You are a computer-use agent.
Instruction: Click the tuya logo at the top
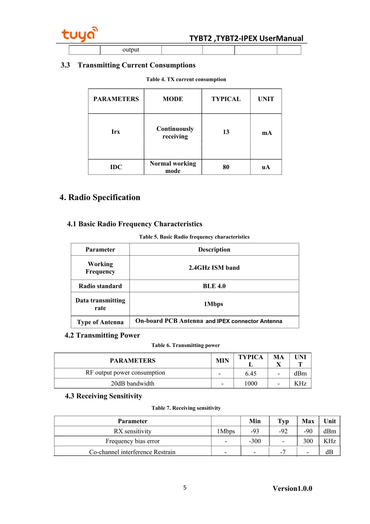pyautogui.click(x=79, y=34)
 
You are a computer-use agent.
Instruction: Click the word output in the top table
pyautogui.click(x=131, y=50)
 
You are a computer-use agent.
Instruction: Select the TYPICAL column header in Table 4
pyautogui.click(x=226, y=99)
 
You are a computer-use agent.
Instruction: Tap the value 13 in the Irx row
pyautogui.click(x=226, y=132)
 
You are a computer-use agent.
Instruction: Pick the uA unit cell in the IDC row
pyautogui.click(x=266, y=167)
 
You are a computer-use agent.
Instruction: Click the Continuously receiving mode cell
pyautogui.click(x=175, y=133)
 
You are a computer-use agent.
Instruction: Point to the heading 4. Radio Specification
pyautogui.click(x=100, y=198)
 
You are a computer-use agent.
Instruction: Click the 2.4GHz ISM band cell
pyautogui.click(x=214, y=268)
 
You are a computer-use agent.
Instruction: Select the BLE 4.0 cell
pyautogui.click(x=214, y=286)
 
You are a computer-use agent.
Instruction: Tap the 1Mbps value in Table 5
pyautogui.click(x=213, y=304)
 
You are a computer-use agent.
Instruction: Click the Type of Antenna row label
pyautogui.click(x=100, y=322)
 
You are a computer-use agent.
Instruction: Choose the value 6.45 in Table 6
pyautogui.click(x=250, y=374)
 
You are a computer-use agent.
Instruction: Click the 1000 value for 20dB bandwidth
pyautogui.click(x=250, y=384)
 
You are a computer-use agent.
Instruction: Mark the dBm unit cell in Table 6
pyautogui.click(x=300, y=374)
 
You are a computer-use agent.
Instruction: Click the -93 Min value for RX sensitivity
pyautogui.click(x=255, y=431)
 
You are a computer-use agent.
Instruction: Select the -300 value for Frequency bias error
pyautogui.click(x=255, y=441)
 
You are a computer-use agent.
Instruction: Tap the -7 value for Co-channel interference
pyautogui.click(x=283, y=452)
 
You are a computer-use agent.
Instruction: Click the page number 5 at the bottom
pyautogui.click(x=185, y=487)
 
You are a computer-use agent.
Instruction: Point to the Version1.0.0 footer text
pyautogui.click(x=292, y=488)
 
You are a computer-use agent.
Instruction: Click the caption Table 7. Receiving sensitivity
pyautogui.click(x=186, y=408)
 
